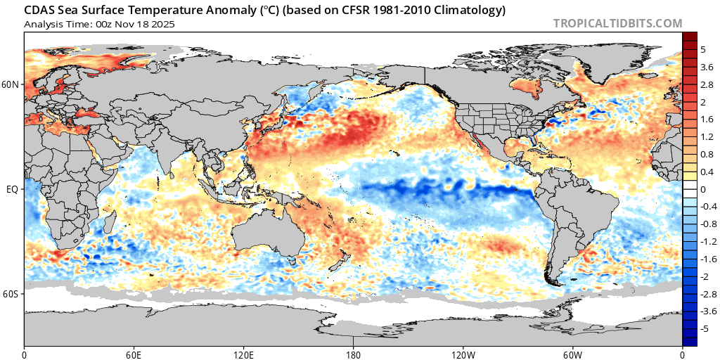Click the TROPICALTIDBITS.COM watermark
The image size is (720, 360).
[x=617, y=23]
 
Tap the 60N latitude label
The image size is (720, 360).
[x=11, y=85]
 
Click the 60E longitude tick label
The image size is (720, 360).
[x=134, y=353]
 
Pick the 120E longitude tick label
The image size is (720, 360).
[x=243, y=353]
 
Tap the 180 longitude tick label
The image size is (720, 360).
[x=353, y=353]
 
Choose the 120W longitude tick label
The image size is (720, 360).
[x=463, y=353]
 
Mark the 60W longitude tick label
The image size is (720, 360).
[x=572, y=353]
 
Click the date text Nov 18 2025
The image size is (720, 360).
[x=148, y=24]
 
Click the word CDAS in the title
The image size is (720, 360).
[x=39, y=11]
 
